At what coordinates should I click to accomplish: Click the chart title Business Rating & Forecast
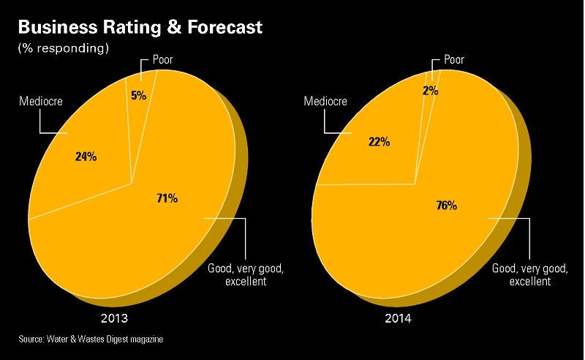click(x=140, y=29)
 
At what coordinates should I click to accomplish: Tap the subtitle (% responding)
click(x=63, y=49)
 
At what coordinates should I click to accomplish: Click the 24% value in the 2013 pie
click(x=86, y=156)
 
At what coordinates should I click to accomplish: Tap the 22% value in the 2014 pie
click(x=378, y=141)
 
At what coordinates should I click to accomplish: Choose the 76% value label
click(x=446, y=206)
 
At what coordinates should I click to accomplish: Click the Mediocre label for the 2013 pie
click(x=39, y=102)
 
